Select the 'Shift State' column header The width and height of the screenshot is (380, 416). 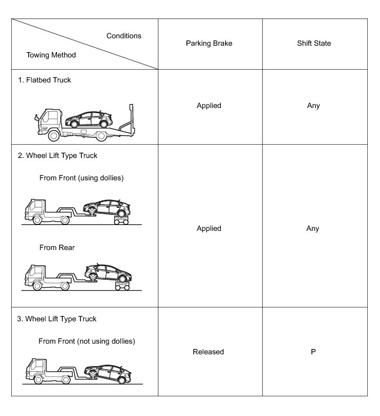click(x=313, y=43)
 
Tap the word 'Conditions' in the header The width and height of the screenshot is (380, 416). click(x=123, y=36)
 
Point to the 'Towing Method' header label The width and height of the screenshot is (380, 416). click(x=51, y=55)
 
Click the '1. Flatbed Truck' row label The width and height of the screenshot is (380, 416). click(x=48, y=80)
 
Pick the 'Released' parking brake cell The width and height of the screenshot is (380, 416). click(x=209, y=352)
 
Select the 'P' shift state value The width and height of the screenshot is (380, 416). click(x=313, y=352)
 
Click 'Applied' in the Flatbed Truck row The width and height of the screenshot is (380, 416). click(x=209, y=105)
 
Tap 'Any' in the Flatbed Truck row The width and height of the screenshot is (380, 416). click(x=313, y=105)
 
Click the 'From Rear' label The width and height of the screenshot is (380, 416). click(x=57, y=247)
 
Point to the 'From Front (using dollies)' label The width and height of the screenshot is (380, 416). click(x=81, y=178)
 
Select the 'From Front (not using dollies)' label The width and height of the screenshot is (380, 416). click(x=87, y=341)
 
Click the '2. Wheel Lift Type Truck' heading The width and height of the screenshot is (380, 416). click(x=61, y=156)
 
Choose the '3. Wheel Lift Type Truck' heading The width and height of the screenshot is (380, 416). click(x=61, y=319)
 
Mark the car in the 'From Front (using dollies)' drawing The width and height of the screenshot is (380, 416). click(x=106, y=207)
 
